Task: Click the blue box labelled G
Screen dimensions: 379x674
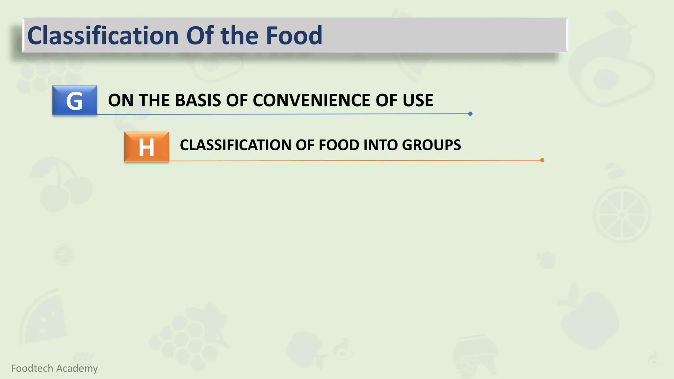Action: point(75,100)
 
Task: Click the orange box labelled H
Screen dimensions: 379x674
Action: point(146,147)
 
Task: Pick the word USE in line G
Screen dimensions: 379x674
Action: point(418,100)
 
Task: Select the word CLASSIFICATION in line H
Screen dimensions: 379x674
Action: point(235,145)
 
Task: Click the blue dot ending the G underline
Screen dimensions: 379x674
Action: point(470,114)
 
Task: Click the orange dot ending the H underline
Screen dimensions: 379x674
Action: point(542,160)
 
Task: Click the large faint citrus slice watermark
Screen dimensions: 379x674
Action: point(622,215)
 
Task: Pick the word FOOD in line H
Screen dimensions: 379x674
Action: point(339,145)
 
